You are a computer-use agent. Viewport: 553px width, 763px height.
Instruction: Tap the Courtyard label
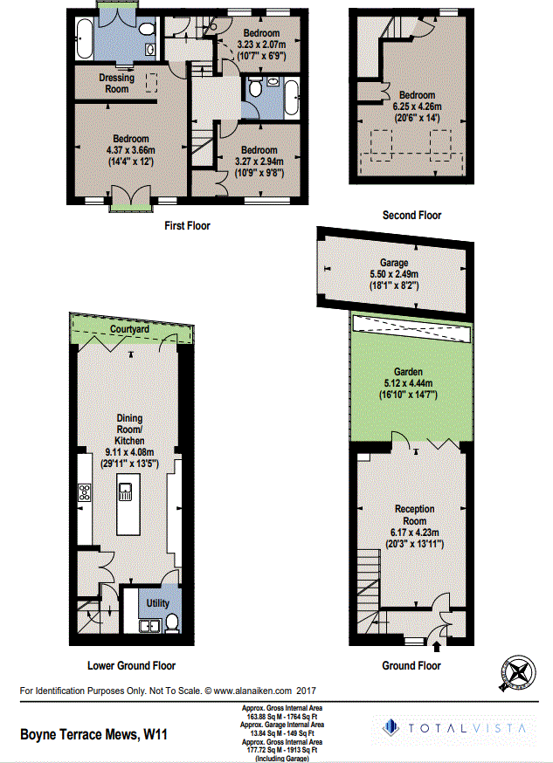(x=129, y=329)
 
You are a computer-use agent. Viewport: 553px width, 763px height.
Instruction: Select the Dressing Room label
(x=117, y=83)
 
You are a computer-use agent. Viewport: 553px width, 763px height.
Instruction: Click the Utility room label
(x=157, y=603)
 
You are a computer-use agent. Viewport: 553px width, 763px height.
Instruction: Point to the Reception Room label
(x=415, y=515)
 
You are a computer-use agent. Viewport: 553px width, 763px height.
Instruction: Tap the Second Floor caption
(x=411, y=215)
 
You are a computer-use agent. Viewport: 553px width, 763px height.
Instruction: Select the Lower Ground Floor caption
(x=131, y=665)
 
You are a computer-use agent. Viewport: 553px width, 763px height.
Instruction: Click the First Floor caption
(x=187, y=225)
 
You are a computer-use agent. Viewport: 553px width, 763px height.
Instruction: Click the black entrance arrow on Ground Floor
(x=436, y=646)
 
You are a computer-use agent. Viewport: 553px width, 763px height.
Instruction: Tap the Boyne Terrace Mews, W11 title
(x=93, y=735)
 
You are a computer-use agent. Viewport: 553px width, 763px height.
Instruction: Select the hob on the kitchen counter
(x=85, y=492)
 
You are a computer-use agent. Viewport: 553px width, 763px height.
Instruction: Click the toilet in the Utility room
(x=172, y=622)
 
